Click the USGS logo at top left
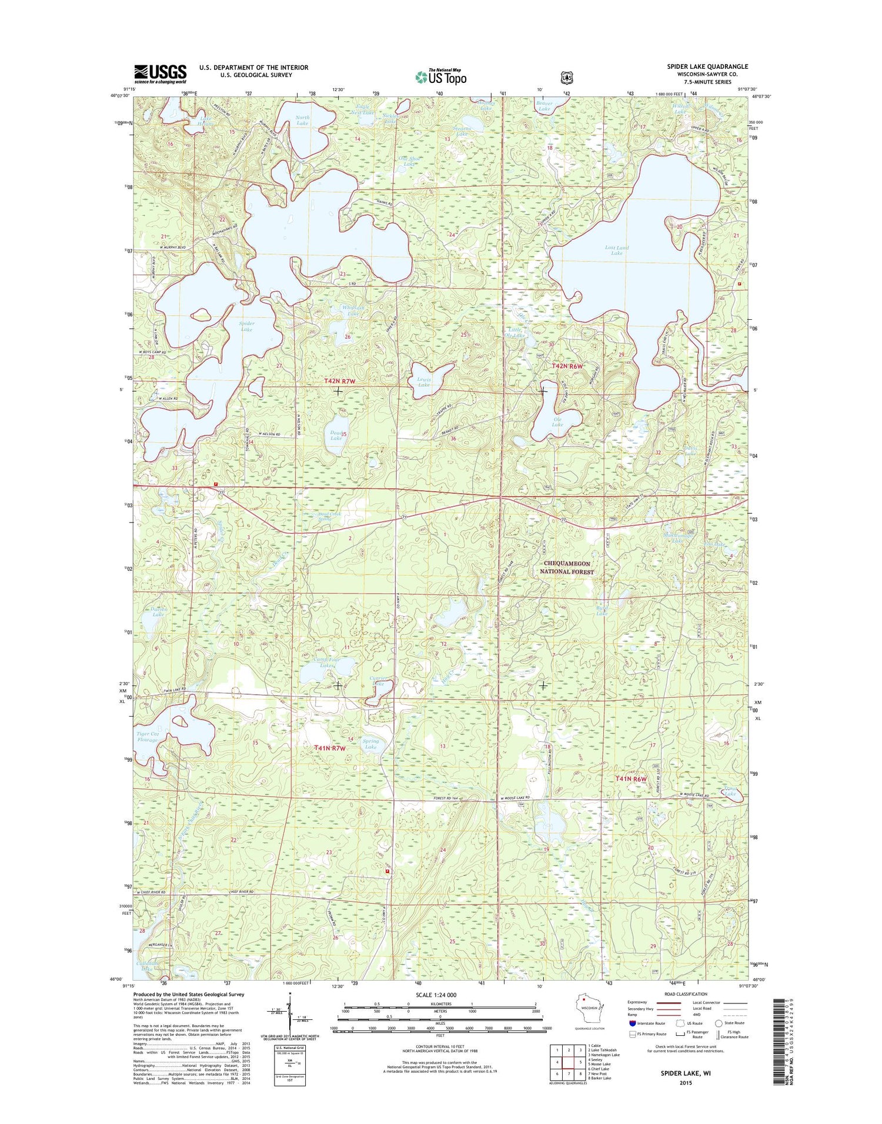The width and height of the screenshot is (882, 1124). click(x=160, y=74)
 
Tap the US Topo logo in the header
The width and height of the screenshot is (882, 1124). click(x=441, y=76)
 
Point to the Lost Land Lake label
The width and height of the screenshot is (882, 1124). click(x=616, y=250)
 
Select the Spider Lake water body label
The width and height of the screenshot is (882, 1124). click(x=246, y=326)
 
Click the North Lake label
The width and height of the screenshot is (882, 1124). click(x=302, y=120)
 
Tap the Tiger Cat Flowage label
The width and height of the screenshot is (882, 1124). click(x=148, y=737)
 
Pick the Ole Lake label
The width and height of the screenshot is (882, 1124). click(x=557, y=421)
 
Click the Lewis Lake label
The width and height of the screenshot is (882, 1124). click(x=424, y=382)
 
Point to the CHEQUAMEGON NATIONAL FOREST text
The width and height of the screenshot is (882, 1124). click(x=568, y=567)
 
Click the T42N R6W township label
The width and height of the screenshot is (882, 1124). click(x=567, y=366)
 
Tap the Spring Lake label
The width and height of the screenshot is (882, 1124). click(x=370, y=744)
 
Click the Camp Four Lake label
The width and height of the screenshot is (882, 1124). click(x=326, y=663)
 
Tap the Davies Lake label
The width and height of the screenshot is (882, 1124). click(x=158, y=611)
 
